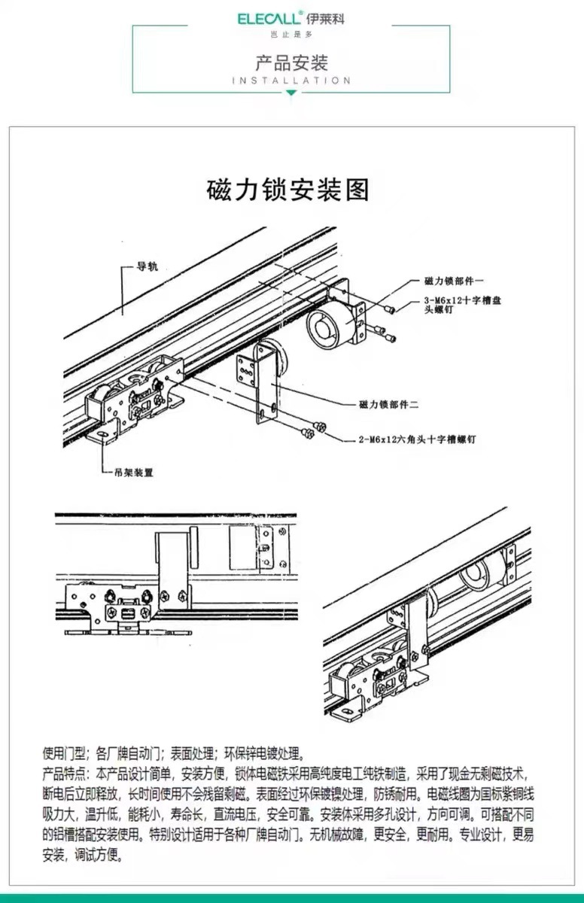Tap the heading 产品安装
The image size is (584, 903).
(x=292, y=62)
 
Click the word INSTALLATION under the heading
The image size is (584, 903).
(x=292, y=81)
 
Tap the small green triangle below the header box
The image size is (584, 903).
(x=292, y=93)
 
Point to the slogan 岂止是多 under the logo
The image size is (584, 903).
(x=291, y=35)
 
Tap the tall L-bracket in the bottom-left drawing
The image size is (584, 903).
(x=172, y=564)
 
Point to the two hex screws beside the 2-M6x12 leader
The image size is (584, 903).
(x=312, y=429)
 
